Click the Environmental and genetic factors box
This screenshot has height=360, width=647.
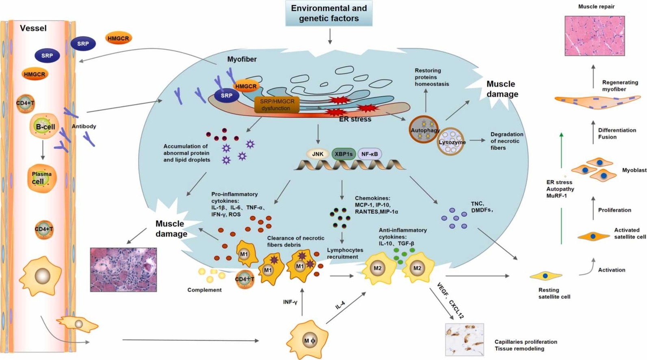pos(329,13)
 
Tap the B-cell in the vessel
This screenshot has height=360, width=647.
pos(45,126)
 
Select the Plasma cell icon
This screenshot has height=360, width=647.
pos(41,178)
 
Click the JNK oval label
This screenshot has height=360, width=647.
pos(318,154)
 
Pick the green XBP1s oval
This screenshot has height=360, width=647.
pos(344,154)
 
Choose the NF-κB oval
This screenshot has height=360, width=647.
pos(370,154)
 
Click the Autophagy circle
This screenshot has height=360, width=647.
pos(424,130)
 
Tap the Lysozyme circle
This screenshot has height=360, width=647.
pos(451,142)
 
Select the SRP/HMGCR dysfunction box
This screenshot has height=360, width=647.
pos(277,105)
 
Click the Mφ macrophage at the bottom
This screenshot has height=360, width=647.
pos(309,340)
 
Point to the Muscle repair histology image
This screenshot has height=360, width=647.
pos(594,36)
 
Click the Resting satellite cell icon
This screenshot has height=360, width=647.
pos(545,276)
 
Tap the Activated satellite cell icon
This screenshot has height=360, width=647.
pos(593,236)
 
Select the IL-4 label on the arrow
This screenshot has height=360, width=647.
pos(340,305)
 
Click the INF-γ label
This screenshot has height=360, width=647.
pos(290,302)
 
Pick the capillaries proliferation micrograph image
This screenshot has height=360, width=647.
pos(464,339)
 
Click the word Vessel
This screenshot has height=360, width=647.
pos(33,28)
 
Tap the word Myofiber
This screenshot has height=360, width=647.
pos(242,59)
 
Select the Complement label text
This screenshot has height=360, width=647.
pos(204,290)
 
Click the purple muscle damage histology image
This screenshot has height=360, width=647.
pos(123,269)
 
